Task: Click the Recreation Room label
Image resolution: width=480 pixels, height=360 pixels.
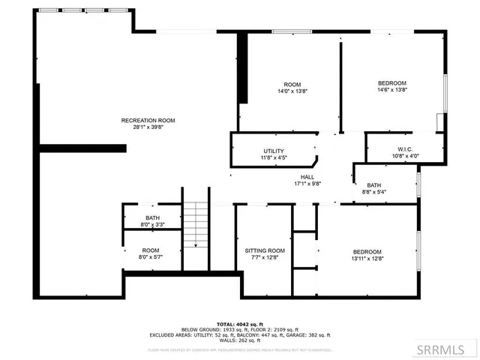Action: coord(148,120)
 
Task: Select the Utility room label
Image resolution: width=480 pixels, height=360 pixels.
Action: coord(274,151)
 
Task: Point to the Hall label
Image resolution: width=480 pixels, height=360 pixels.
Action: coord(307,176)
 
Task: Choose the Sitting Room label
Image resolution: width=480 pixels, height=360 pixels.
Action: coord(265,250)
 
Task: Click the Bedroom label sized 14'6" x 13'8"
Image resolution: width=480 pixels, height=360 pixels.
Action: coord(391,82)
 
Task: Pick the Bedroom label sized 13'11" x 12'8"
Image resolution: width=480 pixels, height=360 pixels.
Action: coord(367,251)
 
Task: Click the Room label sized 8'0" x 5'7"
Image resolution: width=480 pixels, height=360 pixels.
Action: coord(151,250)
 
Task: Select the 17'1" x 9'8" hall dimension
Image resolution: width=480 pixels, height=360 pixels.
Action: coord(307,183)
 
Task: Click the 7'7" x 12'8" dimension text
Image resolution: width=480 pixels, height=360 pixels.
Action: coord(265,258)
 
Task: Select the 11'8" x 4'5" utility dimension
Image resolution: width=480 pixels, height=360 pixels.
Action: coord(274,158)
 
